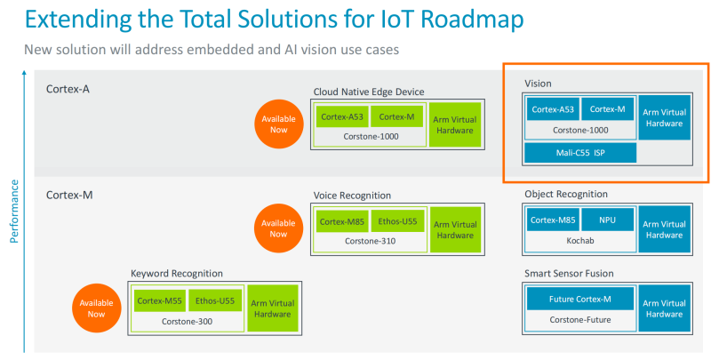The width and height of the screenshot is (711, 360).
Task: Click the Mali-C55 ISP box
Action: pos(580,153)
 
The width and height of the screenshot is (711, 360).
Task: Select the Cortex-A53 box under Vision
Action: pos(552,110)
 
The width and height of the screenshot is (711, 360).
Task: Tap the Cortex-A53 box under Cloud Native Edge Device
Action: pos(341,117)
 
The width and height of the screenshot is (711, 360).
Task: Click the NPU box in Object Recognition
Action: pos(607,220)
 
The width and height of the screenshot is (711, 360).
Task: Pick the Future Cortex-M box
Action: pos(580,300)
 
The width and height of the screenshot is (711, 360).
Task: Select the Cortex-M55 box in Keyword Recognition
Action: pos(159,300)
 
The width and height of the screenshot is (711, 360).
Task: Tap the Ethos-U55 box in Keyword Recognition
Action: pos(214,300)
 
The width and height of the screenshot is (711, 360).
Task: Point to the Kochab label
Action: pos(579,240)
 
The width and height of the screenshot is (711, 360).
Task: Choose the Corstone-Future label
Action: pos(579,319)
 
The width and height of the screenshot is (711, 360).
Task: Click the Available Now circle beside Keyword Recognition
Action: pos(96,308)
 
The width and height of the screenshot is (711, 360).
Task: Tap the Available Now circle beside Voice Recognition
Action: pos(278,228)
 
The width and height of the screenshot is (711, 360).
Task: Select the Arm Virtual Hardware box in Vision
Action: pos(662,117)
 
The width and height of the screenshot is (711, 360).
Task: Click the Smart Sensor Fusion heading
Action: pos(569,273)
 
